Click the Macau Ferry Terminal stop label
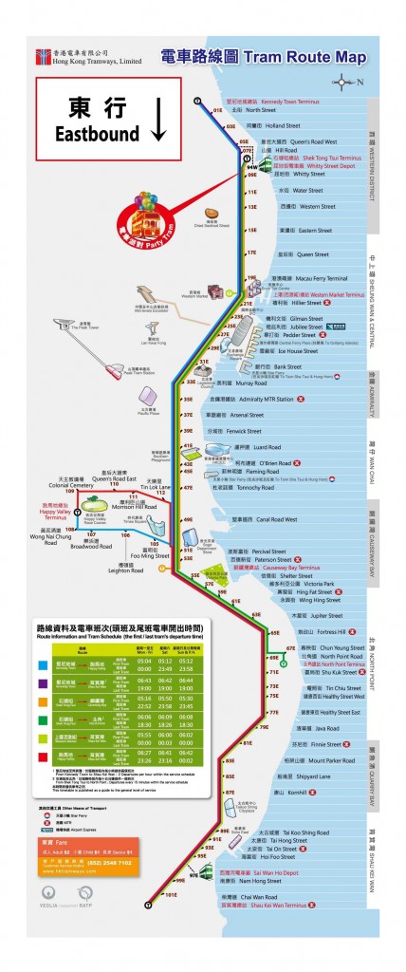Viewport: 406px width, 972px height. (303, 278)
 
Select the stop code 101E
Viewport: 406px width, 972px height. (172, 894)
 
